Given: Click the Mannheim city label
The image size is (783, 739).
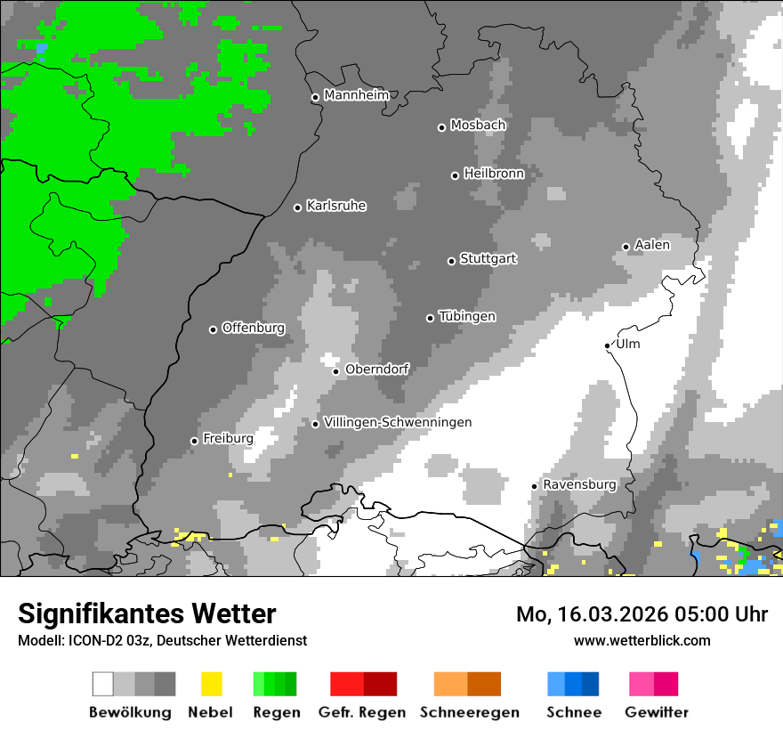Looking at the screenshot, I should [356, 95].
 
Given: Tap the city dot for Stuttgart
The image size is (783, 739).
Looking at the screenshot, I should [451, 261].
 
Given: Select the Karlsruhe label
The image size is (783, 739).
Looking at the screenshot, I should [335, 206].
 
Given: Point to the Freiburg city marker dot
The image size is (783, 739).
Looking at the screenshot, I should [194, 441].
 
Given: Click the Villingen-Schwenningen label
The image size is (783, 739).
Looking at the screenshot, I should [398, 422].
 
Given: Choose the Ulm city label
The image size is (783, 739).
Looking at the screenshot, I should [627, 344].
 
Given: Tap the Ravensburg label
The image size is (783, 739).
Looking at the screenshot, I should [579, 484].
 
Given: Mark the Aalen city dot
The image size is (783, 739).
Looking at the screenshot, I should [626, 247].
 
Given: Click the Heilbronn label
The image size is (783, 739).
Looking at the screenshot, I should [493, 174].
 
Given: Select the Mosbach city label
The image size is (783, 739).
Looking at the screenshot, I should [478, 126].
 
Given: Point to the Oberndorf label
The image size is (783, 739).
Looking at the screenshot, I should [376, 369].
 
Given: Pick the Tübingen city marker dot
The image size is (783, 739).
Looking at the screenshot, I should [430, 318].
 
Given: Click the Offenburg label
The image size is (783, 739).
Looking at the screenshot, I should [253, 328].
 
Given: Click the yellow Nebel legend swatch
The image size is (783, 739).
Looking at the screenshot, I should [211, 684].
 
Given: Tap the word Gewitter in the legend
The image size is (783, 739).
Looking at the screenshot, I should [656, 712].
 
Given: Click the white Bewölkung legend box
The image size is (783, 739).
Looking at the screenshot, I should [103, 684].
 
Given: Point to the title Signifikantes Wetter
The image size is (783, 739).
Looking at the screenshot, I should [147, 613].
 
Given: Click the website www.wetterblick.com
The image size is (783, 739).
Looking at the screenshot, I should [642, 640].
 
